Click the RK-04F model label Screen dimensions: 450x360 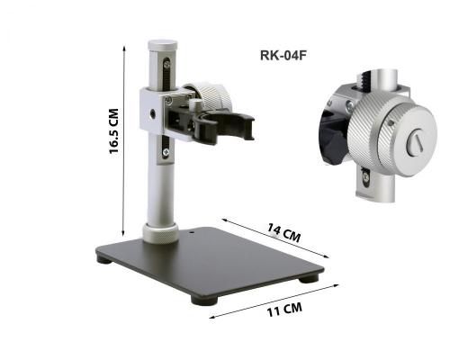coord(283,56)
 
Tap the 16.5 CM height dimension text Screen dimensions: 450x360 coord(114,131)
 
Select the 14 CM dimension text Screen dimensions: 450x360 coord(283,232)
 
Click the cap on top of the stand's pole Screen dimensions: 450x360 coord(163,45)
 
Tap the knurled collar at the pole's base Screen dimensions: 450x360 coord(160,233)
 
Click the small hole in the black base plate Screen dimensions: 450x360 coord(192,231)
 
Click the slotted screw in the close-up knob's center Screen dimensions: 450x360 coord(416,143)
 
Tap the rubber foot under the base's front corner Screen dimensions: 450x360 coord(204,300)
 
